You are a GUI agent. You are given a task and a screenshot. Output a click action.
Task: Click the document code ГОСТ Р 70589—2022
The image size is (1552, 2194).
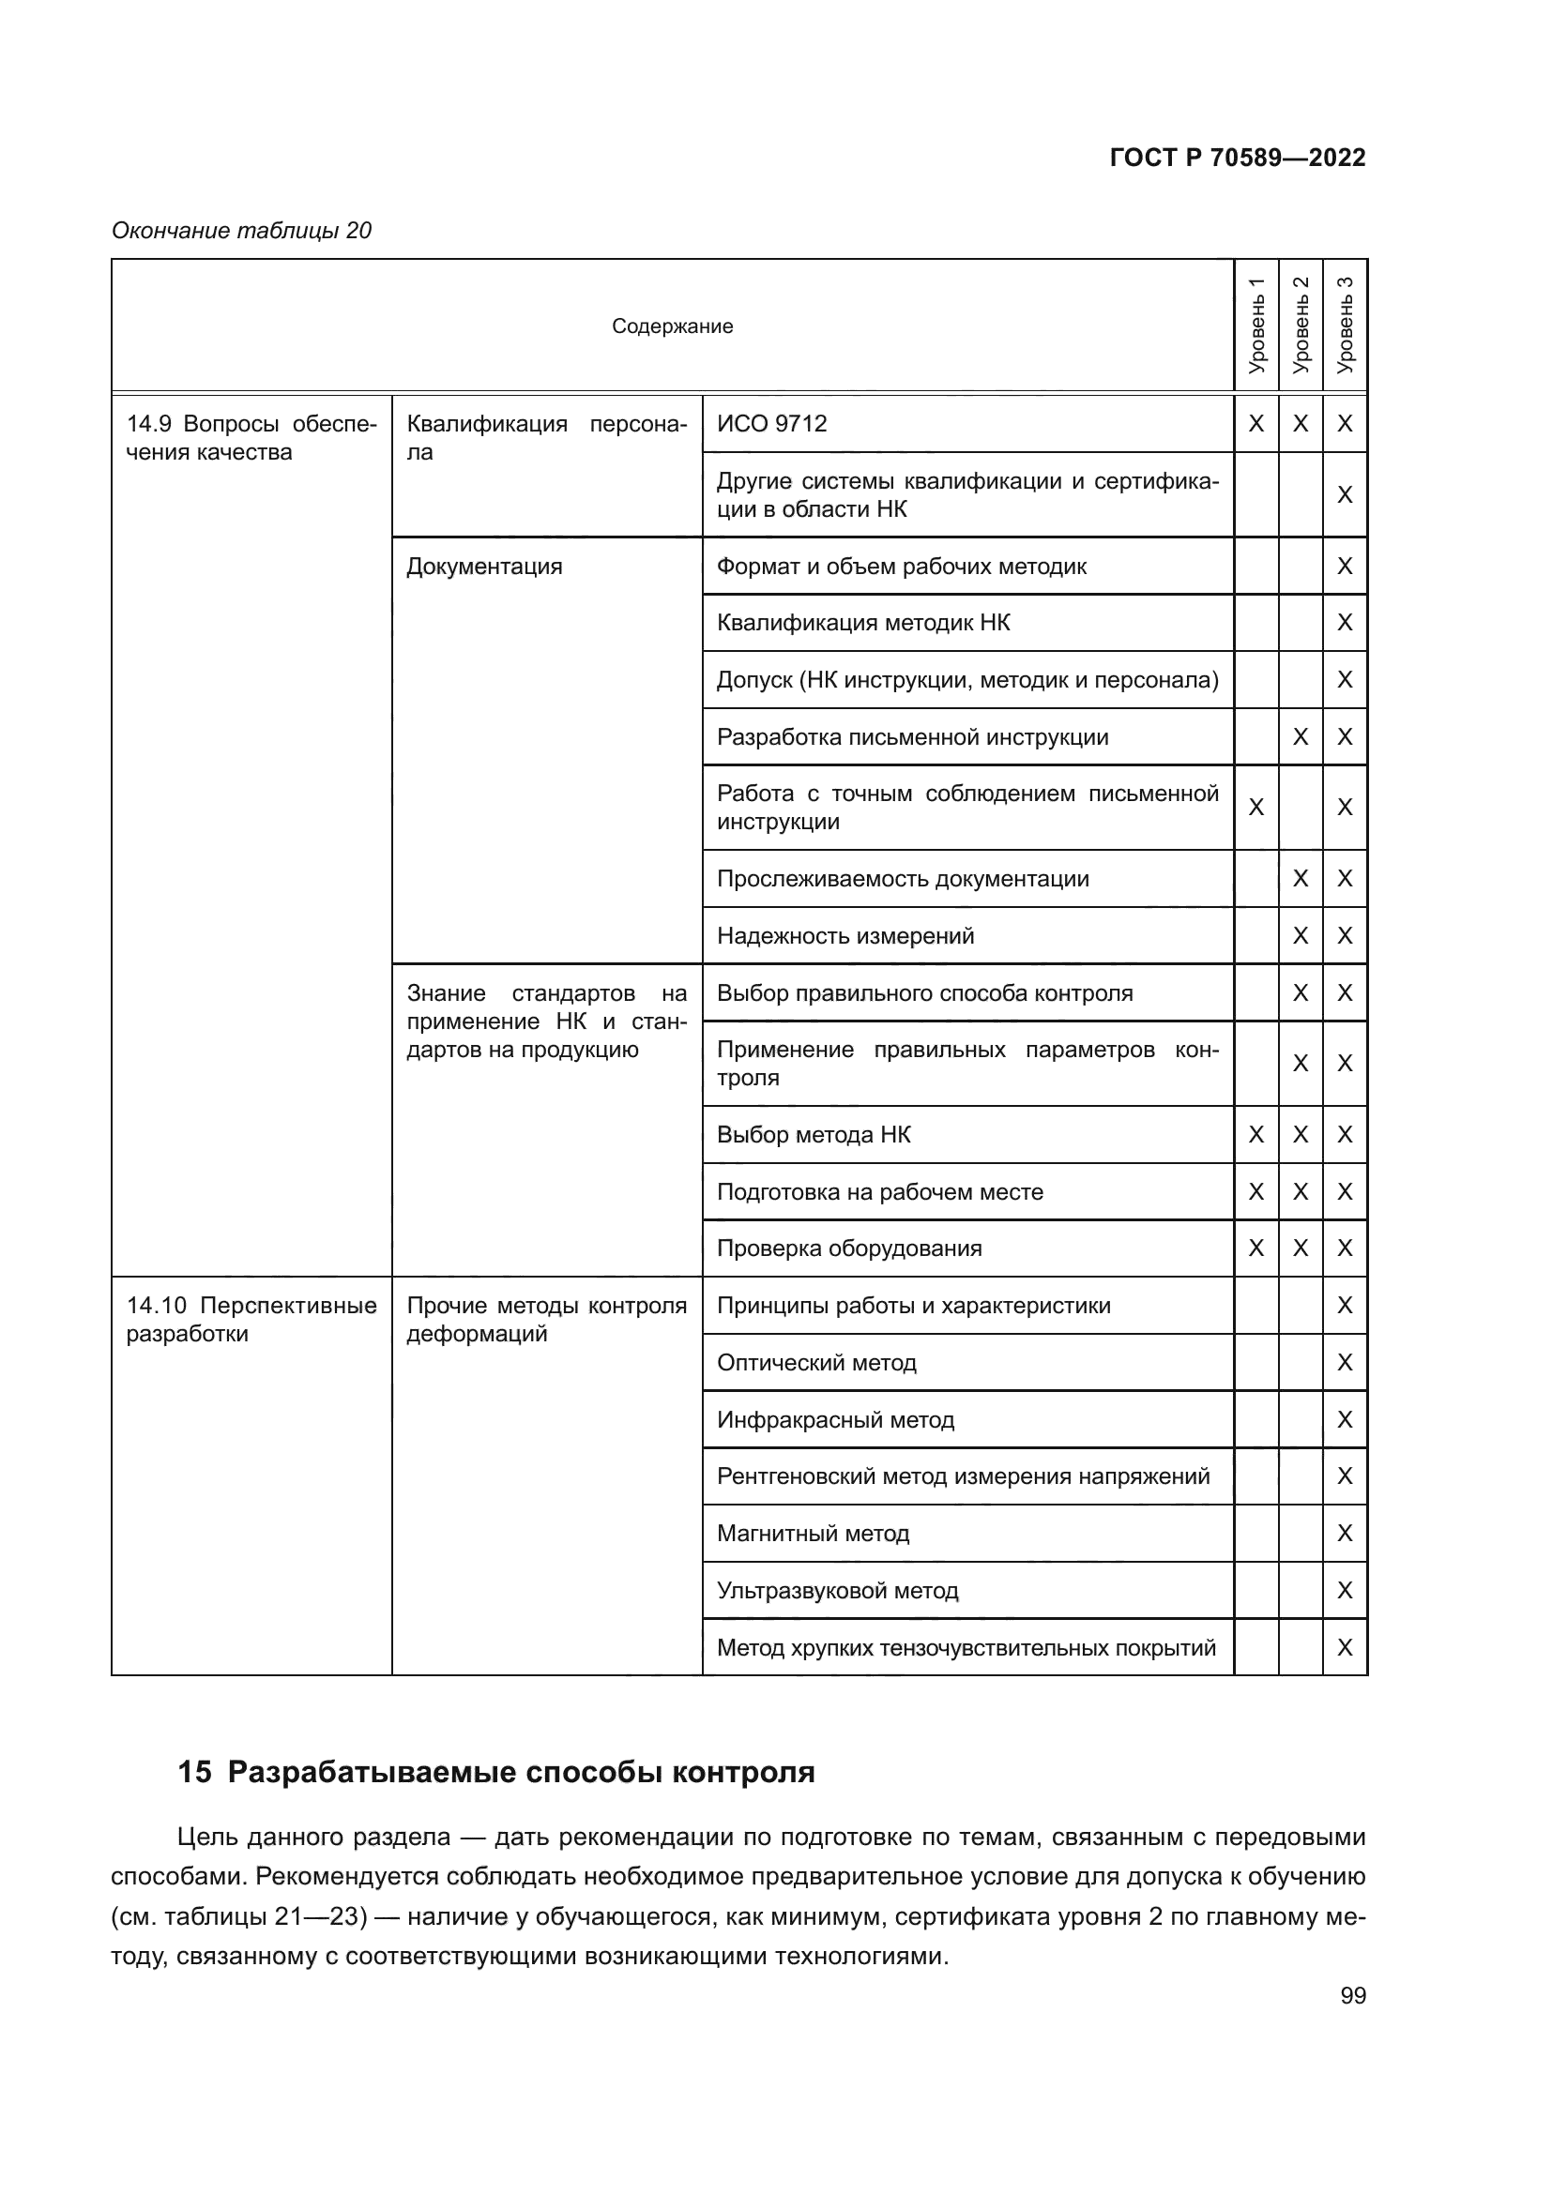[x=1237, y=158]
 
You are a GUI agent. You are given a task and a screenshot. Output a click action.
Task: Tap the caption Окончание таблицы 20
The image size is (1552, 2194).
[x=242, y=231]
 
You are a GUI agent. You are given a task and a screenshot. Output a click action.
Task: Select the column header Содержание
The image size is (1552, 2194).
[x=672, y=325]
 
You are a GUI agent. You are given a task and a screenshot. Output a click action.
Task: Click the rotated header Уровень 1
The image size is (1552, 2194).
[x=1255, y=325]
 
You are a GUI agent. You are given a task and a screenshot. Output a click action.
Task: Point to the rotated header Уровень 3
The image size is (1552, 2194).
[x=1345, y=325]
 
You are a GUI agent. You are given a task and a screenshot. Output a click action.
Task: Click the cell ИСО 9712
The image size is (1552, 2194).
[x=772, y=423]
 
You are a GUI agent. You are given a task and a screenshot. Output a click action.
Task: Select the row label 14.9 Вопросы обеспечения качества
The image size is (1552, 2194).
[x=251, y=438]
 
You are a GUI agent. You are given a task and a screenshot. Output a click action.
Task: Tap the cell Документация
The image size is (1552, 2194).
[x=484, y=567]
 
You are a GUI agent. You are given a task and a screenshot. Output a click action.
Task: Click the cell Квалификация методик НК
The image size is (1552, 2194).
[x=863, y=623]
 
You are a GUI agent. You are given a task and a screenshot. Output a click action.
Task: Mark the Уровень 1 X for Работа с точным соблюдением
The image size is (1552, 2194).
[x=1255, y=808]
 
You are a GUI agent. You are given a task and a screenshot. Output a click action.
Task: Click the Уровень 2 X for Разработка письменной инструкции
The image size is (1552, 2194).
[x=1300, y=736]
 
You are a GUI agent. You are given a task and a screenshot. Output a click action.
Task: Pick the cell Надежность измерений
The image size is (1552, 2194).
[x=845, y=935]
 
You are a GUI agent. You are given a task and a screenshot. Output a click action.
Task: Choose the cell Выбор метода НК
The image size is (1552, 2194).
[x=814, y=1134]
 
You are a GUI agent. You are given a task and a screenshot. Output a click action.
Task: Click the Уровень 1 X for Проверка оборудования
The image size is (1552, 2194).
[x=1255, y=1248]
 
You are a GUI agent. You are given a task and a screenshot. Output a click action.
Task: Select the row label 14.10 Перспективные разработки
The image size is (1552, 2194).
[x=251, y=1319]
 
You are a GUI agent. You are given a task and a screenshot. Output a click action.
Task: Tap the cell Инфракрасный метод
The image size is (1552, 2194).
[x=835, y=1419]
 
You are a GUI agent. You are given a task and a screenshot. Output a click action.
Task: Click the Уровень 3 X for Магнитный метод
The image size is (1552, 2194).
[x=1345, y=1533]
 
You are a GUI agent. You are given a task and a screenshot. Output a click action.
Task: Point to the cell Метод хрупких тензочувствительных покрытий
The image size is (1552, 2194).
[x=966, y=1647]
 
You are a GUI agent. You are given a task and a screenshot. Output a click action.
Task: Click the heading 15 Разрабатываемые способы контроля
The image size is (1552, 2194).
[x=496, y=1772]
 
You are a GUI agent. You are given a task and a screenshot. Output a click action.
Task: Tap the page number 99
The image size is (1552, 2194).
[x=1352, y=1995]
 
